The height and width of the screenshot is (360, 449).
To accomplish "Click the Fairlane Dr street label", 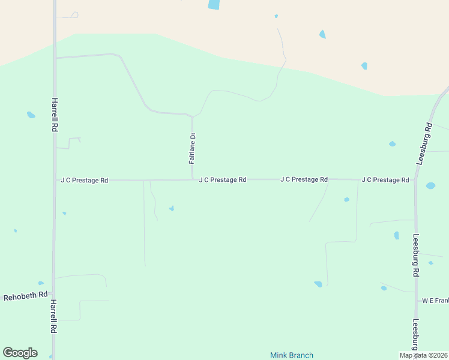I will point(193,148).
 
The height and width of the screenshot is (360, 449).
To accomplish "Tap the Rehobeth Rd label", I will point(25,296).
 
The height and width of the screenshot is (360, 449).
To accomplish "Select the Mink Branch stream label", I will point(292,355).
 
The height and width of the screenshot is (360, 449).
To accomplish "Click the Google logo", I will point(20,353).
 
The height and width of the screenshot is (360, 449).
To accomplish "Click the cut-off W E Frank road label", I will point(435,300).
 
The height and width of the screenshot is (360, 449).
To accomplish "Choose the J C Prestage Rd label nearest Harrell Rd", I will point(84,180).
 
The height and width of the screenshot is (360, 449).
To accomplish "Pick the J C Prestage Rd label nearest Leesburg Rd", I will point(385,180).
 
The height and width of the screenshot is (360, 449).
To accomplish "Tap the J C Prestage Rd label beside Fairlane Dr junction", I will point(223,179).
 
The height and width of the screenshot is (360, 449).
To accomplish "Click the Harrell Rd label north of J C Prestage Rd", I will point(55,115).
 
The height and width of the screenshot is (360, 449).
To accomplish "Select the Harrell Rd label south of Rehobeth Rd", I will point(53,316).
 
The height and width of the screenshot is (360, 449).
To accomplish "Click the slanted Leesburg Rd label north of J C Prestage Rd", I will point(424,144).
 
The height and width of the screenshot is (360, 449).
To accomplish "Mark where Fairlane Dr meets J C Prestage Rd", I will point(193,179).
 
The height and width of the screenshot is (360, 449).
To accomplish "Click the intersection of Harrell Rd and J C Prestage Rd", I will point(55,180).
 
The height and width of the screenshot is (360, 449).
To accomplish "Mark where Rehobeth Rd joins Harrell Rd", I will point(54,294).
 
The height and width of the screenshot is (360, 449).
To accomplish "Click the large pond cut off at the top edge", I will point(214,4).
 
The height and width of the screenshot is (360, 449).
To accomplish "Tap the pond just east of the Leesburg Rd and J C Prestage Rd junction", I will point(430,185).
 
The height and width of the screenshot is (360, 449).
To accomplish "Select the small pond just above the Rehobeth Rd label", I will point(41,283).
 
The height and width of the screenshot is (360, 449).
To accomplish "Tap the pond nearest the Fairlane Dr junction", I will point(172,208).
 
